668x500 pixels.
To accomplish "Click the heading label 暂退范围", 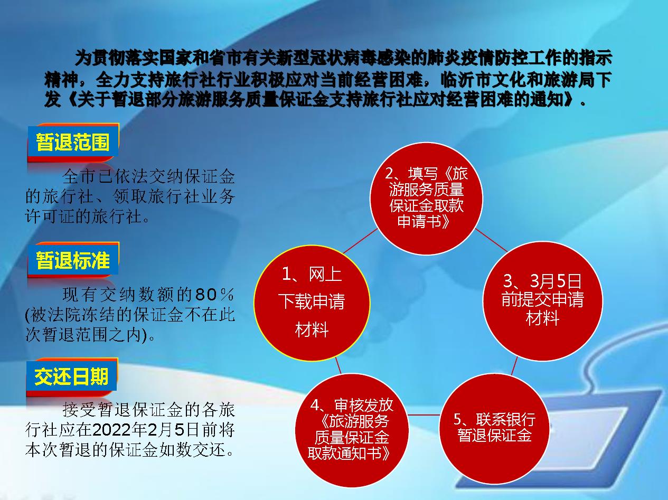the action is (x=73, y=142).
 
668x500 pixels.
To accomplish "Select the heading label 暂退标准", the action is (x=73, y=260).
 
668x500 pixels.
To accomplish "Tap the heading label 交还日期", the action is (x=72, y=376).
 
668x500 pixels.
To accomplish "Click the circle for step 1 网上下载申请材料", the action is (x=312, y=303).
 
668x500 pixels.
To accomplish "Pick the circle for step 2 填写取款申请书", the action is (x=426, y=199).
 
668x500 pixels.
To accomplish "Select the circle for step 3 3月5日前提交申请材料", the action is (x=543, y=301).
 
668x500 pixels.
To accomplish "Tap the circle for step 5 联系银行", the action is (x=494, y=428).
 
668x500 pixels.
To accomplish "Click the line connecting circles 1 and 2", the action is (x=360, y=241).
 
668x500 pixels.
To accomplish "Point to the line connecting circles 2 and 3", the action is (x=491, y=240).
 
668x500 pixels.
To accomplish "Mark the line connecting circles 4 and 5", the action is (x=424, y=414).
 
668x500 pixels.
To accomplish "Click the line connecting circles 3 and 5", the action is (x=514, y=365).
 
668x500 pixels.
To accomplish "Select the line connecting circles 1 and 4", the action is (x=338, y=365).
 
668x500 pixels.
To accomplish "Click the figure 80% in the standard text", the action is (x=214, y=294).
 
